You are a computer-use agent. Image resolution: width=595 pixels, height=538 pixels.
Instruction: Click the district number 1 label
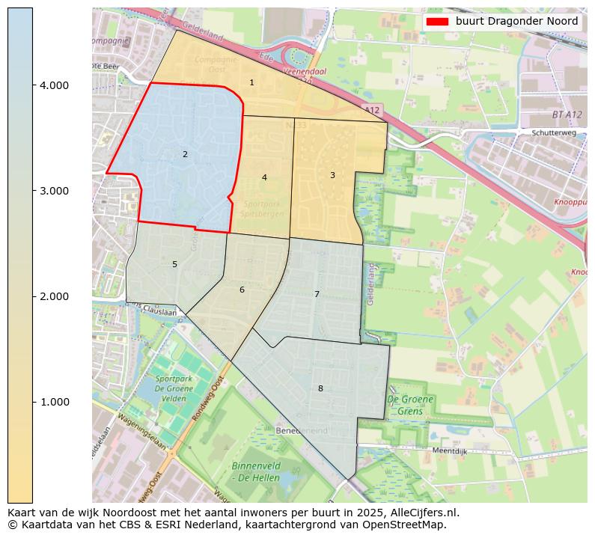tap(251, 83)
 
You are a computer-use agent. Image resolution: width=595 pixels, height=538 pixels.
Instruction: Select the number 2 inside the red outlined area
tap(185, 155)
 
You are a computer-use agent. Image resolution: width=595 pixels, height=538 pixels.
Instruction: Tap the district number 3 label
tap(332, 175)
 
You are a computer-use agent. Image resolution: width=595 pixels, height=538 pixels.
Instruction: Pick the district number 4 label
tap(264, 178)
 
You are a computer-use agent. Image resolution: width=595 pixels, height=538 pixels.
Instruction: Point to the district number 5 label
tap(174, 265)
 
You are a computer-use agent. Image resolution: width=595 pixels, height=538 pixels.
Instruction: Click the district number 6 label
tap(242, 290)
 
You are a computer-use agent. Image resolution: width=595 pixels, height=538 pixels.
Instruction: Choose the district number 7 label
tap(317, 295)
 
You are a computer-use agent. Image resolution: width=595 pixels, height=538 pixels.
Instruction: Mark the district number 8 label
tap(320, 389)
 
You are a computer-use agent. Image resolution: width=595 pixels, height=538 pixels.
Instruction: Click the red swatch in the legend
tap(437, 22)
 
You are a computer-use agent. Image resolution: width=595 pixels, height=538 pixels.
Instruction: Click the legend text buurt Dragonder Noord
tap(516, 22)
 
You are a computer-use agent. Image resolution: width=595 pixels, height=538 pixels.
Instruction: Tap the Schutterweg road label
tap(552, 132)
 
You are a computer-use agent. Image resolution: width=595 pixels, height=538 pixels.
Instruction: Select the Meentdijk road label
tap(451, 451)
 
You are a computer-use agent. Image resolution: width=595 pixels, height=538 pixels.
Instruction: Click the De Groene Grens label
tap(410, 405)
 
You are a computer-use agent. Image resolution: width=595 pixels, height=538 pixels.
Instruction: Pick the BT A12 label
tap(567, 114)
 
